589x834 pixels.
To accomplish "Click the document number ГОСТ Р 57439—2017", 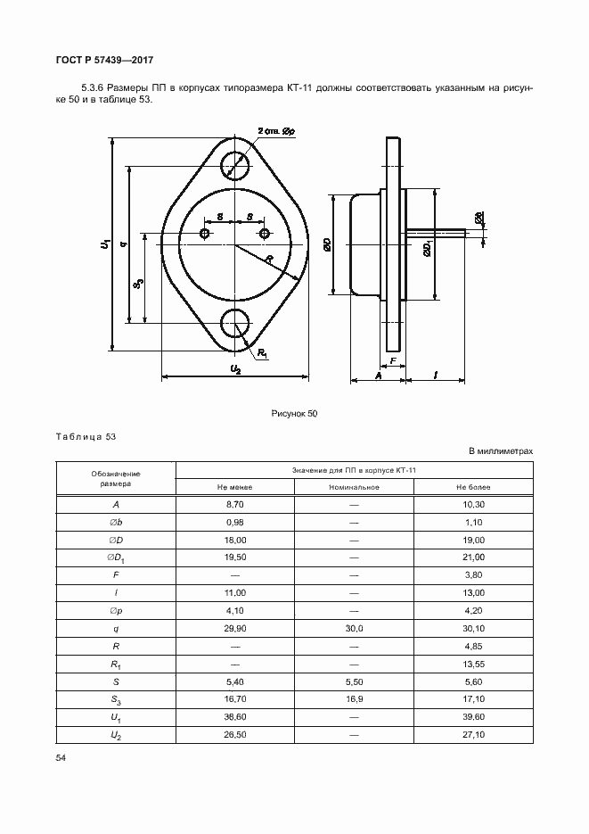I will (x=105, y=60).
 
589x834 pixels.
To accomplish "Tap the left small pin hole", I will (x=206, y=234).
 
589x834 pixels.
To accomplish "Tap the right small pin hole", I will (x=265, y=234).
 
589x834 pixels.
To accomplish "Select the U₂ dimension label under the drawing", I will (x=235, y=368).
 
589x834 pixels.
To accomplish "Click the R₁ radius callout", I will (x=264, y=353).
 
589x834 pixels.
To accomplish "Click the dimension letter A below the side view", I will (x=378, y=376).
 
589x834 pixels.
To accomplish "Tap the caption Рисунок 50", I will (x=294, y=414).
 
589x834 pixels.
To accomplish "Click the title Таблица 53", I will (x=86, y=437).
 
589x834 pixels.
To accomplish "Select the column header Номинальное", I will (x=354, y=487).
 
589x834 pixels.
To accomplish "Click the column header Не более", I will (x=473, y=487).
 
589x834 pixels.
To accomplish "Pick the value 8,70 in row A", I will (x=235, y=504).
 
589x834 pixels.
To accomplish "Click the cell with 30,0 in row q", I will (x=354, y=628).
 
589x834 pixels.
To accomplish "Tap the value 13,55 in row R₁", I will (x=473, y=663).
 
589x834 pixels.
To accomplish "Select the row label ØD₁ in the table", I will (x=117, y=557).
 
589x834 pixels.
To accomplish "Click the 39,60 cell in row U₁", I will (x=473, y=716).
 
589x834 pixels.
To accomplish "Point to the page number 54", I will (x=61, y=757).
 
